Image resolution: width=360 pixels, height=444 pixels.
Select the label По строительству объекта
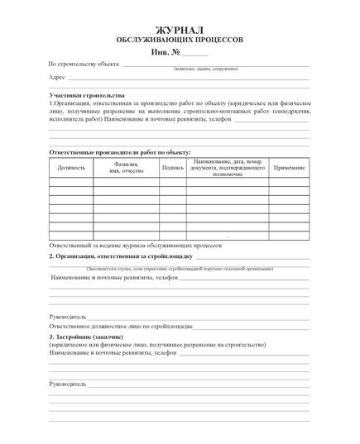click(x=84, y=64)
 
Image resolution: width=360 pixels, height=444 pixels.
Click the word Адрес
click(x=57, y=78)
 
